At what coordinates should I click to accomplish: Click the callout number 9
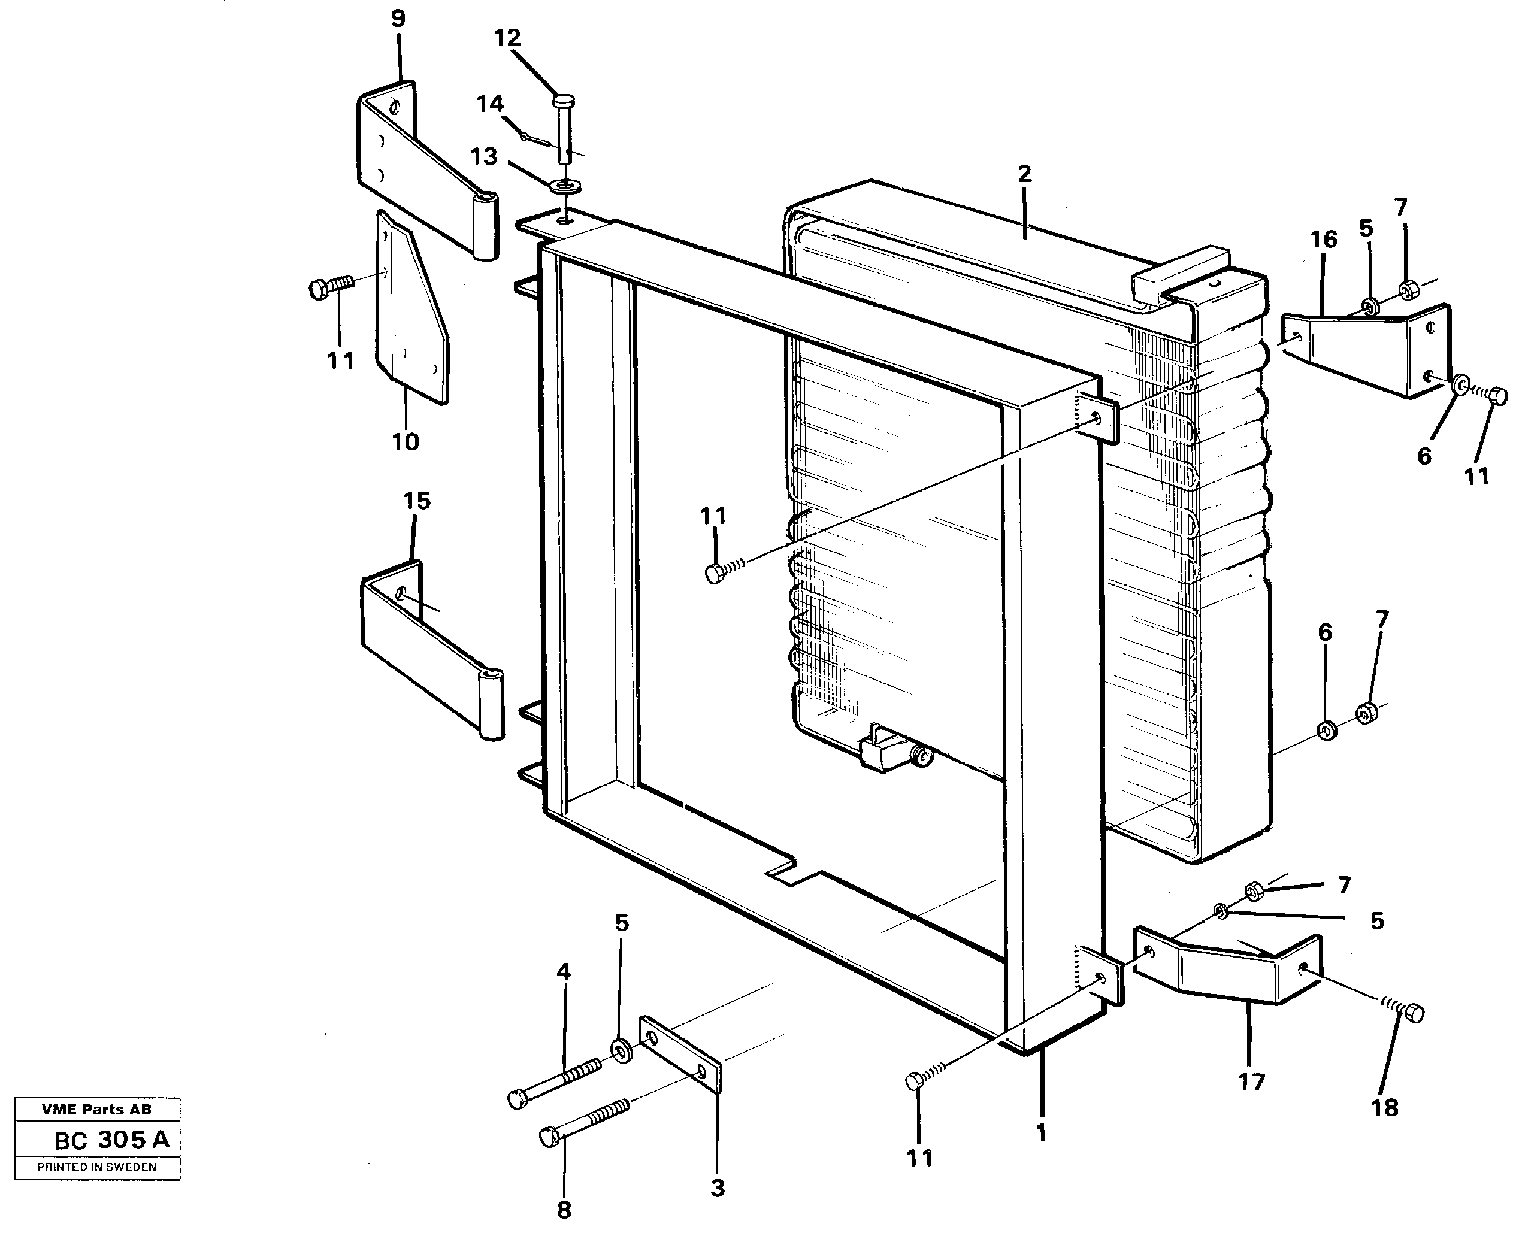click(398, 19)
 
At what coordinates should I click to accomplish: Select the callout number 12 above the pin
click(507, 38)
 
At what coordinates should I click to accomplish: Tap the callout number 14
click(490, 104)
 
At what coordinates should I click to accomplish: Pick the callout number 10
click(405, 442)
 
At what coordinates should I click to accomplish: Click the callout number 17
click(1251, 1082)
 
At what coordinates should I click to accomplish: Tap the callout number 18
click(1384, 1108)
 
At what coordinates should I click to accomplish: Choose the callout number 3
click(717, 1187)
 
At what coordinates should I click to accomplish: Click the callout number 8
click(563, 1209)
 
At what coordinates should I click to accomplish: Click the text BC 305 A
click(112, 1140)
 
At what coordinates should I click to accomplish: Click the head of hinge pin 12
click(563, 101)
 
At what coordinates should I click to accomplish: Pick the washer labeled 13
click(566, 187)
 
